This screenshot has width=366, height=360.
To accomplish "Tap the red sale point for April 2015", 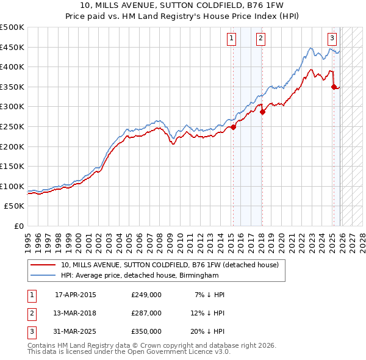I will (233, 128).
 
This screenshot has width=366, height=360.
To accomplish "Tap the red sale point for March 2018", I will (262, 112).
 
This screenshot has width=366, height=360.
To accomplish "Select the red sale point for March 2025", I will (334, 87).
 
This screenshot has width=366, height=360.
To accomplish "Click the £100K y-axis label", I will (12, 186).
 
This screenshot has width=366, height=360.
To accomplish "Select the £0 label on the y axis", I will (20, 226).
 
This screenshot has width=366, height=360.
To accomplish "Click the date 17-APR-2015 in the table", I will (75, 295).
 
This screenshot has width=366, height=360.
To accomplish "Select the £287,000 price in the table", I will (146, 313).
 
